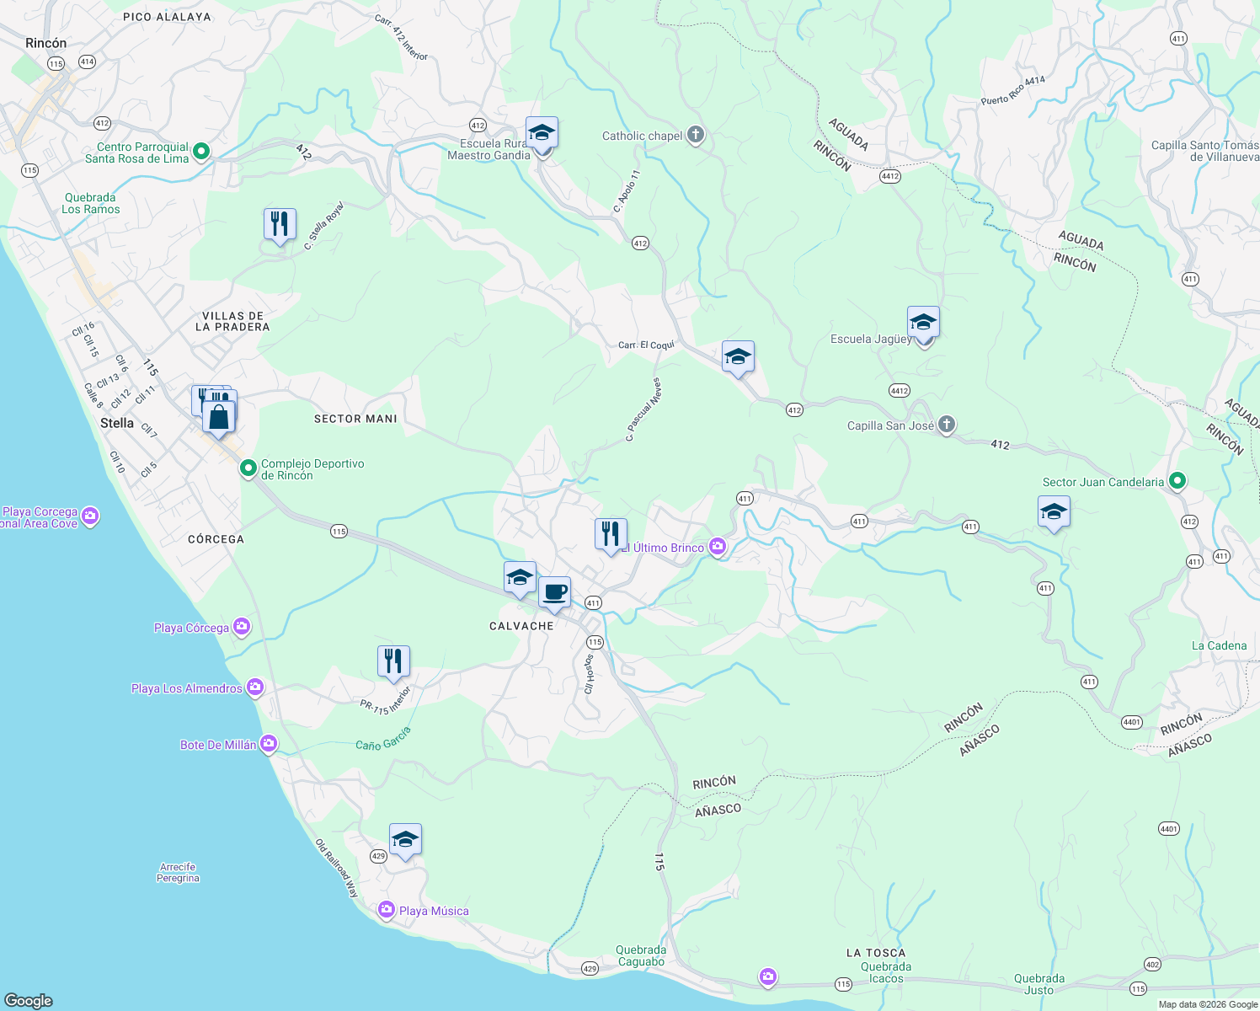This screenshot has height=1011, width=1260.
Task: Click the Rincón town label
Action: pos(45,43)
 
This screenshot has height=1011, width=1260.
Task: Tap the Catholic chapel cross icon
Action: pos(695,135)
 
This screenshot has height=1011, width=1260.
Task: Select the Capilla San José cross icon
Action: pos(947,425)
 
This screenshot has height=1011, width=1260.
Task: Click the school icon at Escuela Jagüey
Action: pos(923,323)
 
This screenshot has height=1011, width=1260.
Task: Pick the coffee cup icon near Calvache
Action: pos(554,593)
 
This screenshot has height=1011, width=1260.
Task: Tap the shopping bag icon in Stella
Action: pos(219,417)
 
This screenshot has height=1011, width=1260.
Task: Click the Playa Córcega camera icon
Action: pos(242,626)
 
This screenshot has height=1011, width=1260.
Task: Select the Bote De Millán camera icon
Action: pos(269,743)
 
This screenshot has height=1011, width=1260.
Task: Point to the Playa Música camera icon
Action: pos(387,910)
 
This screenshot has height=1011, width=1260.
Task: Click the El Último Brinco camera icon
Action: pos(718,547)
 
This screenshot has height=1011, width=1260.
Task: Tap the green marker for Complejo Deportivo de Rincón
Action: pos(248,468)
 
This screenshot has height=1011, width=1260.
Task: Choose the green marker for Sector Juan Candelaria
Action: pos(1177,481)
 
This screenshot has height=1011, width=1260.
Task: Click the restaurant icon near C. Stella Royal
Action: pos(280,224)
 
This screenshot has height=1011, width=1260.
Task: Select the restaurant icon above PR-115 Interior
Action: pos(393,661)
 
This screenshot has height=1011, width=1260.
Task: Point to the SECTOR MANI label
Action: pos(355,419)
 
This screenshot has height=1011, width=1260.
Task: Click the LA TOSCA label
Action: pos(876,953)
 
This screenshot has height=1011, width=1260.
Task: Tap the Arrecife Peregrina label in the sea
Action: pos(178,872)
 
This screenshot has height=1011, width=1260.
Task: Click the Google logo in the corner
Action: pos(29,1000)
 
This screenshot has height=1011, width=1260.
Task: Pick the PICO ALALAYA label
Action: pos(167,17)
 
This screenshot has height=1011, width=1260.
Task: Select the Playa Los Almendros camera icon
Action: pos(255,687)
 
